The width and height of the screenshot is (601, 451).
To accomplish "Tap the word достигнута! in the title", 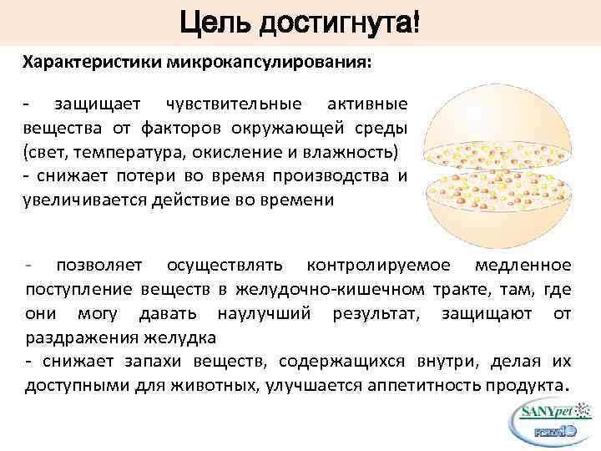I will pyautogui.click(x=338, y=18).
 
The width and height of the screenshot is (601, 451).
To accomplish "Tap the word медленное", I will pyautogui.click(x=523, y=266).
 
